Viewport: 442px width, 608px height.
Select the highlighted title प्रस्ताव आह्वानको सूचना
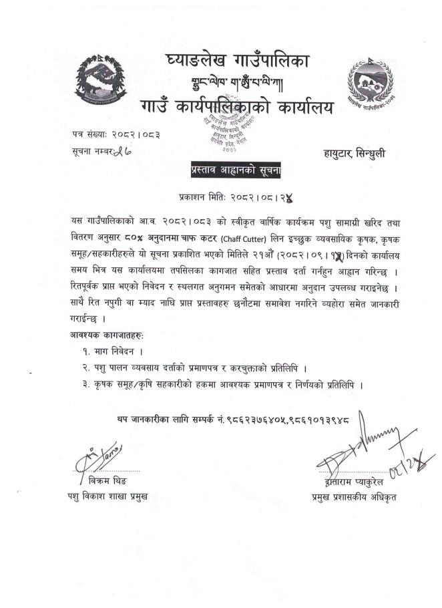[x=236, y=172]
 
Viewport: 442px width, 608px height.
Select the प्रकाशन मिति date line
[x=237, y=198]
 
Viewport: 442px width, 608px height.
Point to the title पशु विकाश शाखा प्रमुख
[x=107, y=496]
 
